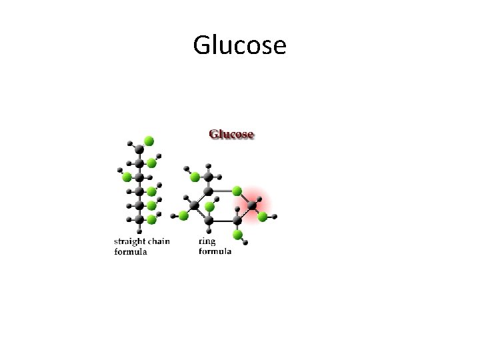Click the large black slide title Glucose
click(239, 45)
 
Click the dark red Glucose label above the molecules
click(231, 134)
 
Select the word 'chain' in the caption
click(159, 241)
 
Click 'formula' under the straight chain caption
click(130, 251)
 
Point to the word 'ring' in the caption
click(207, 241)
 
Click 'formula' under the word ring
click(215, 251)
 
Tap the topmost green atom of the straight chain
click(149, 141)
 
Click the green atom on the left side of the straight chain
click(126, 177)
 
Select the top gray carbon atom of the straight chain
click(139, 150)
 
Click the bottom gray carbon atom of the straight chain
click(139, 219)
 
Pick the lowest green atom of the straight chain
click(151, 219)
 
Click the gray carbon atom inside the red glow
click(252, 206)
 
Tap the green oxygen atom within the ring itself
click(237, 191)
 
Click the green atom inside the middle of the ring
click(209, 207)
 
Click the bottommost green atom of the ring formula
click(237, 234)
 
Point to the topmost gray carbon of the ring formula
click(209, 177)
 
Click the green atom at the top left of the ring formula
click(195, 177)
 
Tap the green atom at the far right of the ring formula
click(263, 217)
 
